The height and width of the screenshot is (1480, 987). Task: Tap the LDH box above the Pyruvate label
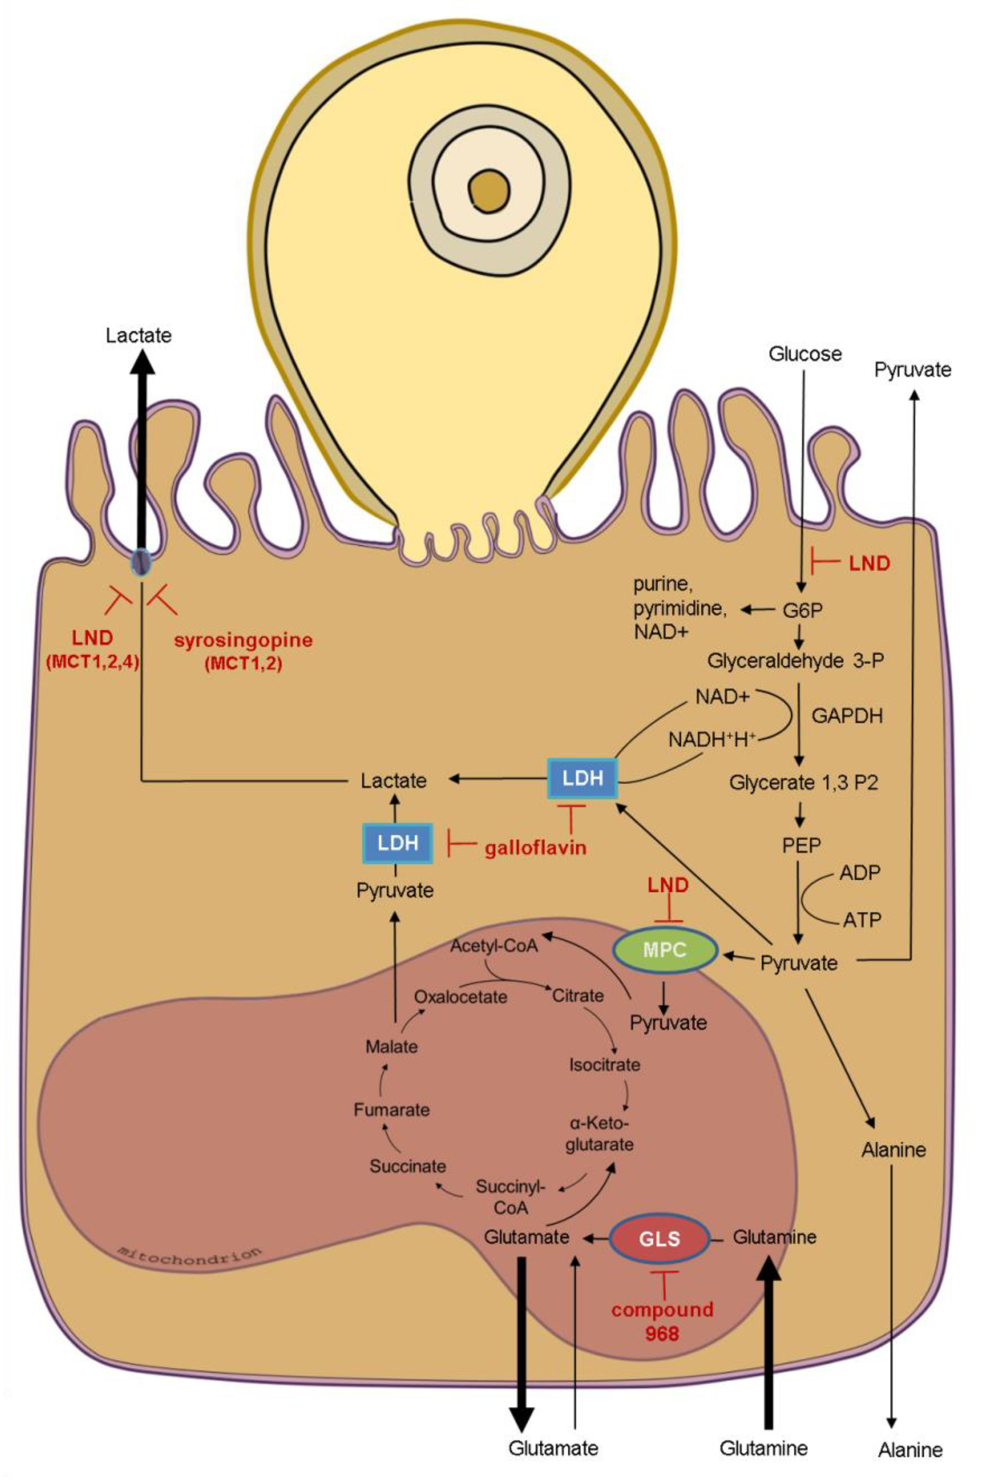pos(398,843)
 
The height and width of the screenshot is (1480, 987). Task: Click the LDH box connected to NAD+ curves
pos(582,778)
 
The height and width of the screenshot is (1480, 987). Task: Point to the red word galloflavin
pos(535,847)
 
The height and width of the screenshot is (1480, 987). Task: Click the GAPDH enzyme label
pos(847,716)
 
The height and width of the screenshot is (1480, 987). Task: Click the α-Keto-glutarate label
pos(599,1133)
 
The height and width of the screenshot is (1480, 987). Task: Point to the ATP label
pos(862,920)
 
